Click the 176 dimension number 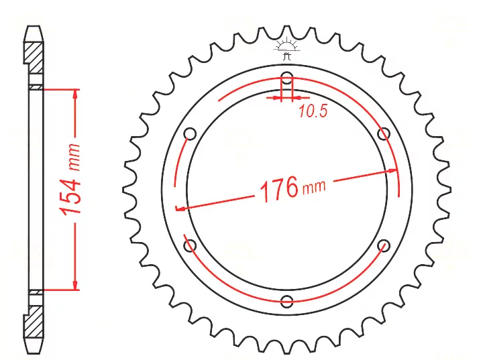click(278, 189)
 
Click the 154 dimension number click(70, 188)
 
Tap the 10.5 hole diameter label click(313, 111)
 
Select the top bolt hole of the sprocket click(286, 76)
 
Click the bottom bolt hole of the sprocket click(286, 302)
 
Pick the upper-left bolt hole click(190, 133)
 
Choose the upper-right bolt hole click(384, 133)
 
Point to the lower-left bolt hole click(190, 245)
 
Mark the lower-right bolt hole click(384, 245)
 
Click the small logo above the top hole click(286, 48)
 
